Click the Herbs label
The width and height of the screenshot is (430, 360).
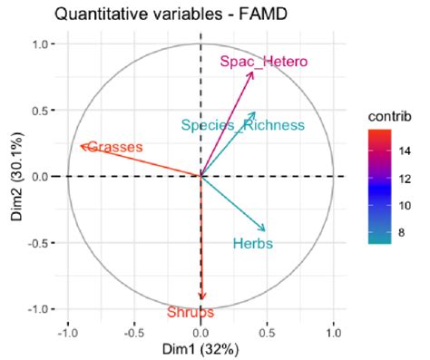click(x=252, y=243)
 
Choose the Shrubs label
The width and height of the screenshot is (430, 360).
click(x=191, y=312)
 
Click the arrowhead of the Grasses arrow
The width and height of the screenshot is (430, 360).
click(x=81, y=145)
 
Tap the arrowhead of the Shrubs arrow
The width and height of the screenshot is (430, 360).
click(x=201, y=298)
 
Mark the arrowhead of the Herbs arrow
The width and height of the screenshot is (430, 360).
click(x=265, y=230)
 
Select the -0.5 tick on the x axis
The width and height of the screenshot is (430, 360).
click(x=133, y=332)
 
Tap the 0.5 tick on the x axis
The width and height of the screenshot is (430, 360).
click(x=268, y=332)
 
